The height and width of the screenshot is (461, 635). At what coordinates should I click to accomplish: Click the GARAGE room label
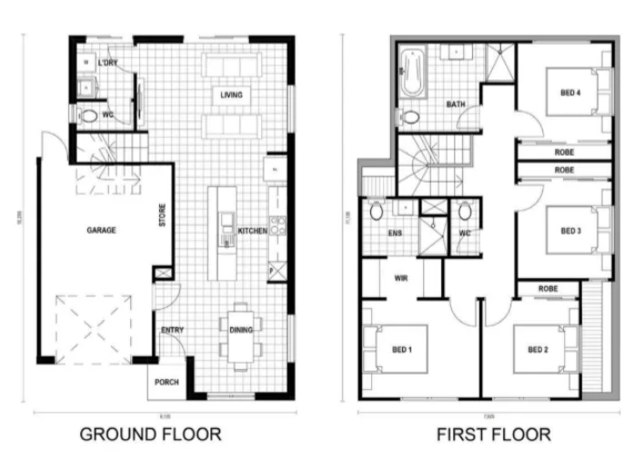point(101,231)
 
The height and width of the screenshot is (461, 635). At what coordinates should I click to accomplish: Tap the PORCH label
point(166,383)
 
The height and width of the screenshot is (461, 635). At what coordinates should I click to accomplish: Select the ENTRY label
point(173,330)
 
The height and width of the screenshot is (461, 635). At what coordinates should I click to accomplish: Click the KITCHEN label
point(252,232)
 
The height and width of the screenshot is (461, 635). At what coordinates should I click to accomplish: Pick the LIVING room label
point(231,95)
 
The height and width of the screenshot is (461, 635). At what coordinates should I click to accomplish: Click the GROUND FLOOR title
point(150,434)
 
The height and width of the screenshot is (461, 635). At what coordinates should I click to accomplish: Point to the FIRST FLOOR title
point(493,434)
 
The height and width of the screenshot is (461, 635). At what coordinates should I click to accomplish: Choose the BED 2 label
point(538,349)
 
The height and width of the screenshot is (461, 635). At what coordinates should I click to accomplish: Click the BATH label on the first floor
point(456,105)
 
